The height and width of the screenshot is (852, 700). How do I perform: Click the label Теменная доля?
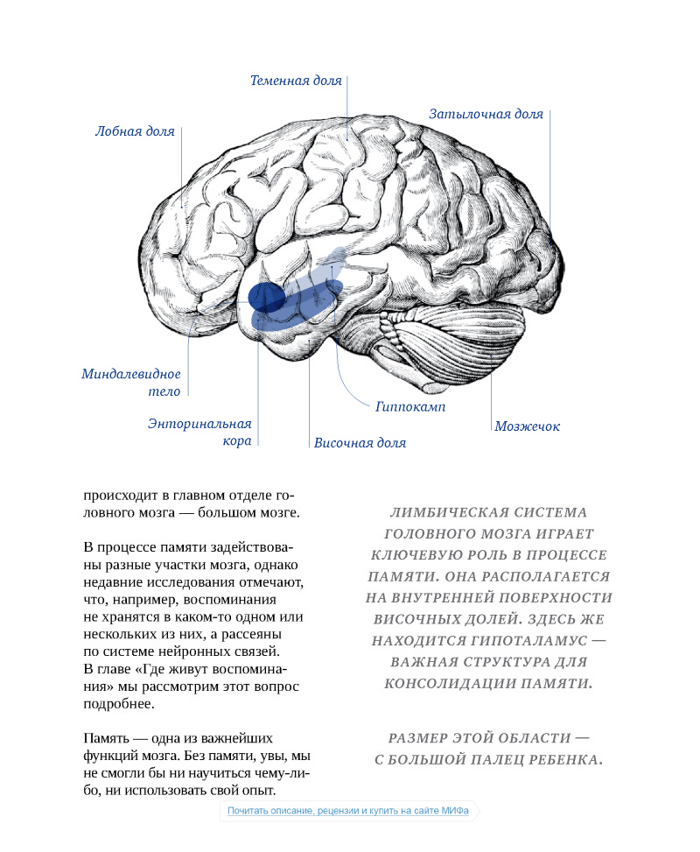coord(296,81)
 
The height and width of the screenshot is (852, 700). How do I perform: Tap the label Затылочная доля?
coord(486,114)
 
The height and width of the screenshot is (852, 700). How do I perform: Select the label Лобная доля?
coord(135,131)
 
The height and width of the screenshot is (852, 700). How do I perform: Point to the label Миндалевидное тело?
coord(131,383)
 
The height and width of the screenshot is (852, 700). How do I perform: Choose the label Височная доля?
coord(360,443)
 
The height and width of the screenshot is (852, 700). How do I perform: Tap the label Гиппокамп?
coord(410,407)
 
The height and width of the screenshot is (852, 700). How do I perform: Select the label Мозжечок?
coord(527,426)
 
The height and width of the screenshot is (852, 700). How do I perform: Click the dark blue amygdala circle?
coord(264,298)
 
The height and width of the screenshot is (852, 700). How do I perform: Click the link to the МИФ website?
coord(348,811)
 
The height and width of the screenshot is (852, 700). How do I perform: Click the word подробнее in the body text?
coord(119,703)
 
